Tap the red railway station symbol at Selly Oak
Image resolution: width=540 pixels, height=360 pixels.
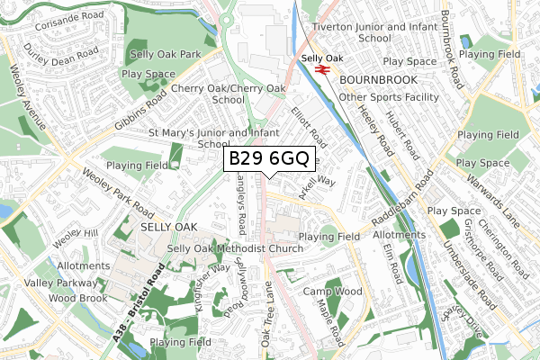click(321, 66)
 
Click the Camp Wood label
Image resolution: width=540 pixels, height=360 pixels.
click(332, 292)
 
